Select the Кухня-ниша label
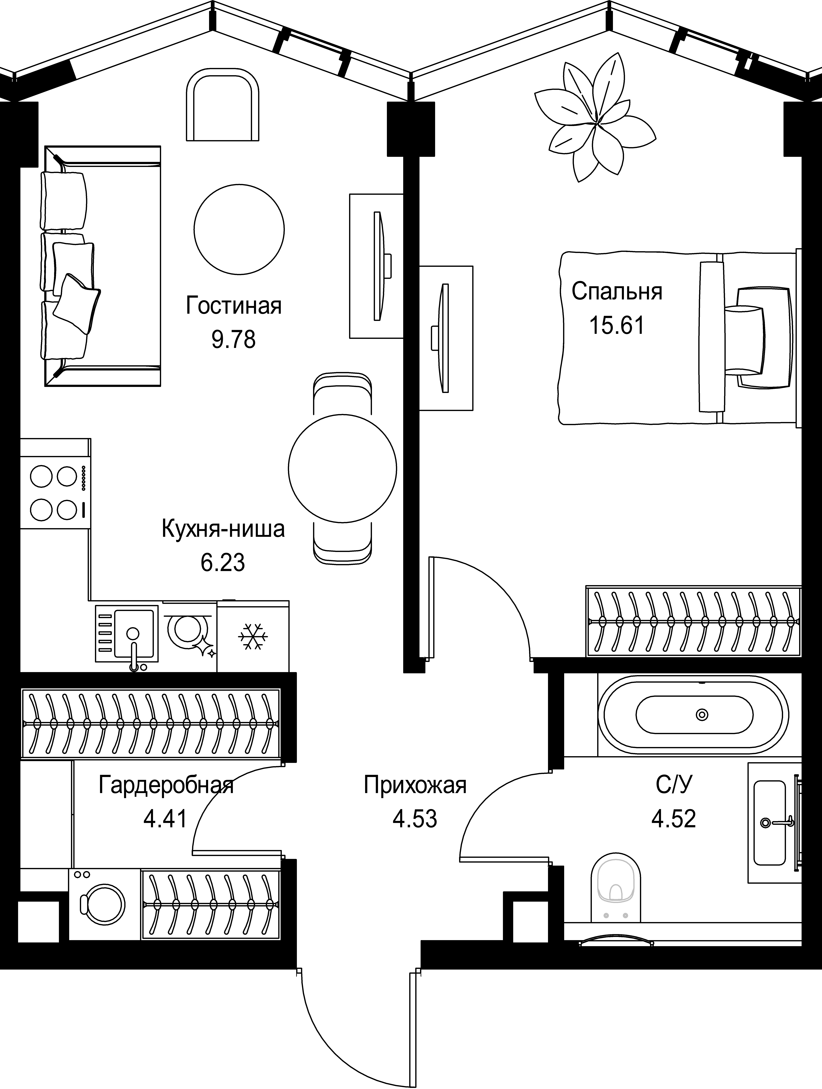[x=223, y=529]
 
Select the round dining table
[x=342, y=469]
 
